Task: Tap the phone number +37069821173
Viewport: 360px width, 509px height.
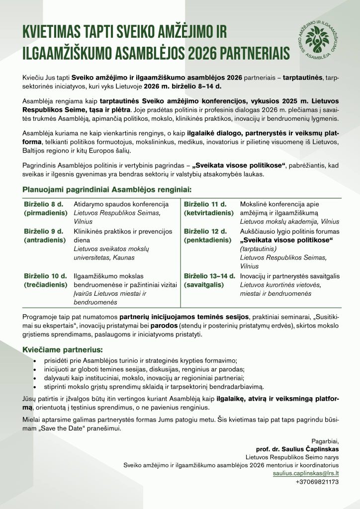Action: tap(317, 482)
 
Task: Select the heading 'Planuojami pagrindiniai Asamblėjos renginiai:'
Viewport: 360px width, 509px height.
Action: tap(106, 189)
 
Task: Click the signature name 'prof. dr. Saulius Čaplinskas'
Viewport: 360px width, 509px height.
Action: tap(297, 447)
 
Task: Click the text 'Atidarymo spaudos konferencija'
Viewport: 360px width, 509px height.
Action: tap(121, 204)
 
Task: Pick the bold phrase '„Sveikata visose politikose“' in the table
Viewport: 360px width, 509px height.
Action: tap(286, 240)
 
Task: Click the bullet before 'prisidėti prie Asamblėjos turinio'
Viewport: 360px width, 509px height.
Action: tap(34, 360)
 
